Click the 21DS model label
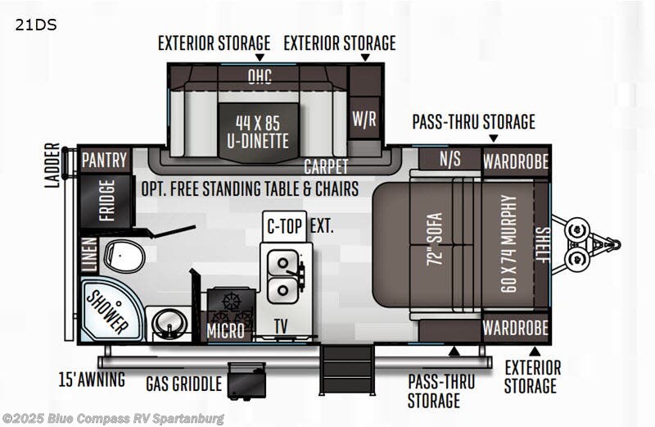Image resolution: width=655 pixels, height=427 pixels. tap(36, 25)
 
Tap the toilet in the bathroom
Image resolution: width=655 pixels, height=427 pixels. tap(124, 256)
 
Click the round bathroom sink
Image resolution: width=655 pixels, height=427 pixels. tap(169, 323)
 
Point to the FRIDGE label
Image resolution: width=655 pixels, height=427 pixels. tap(106, 201)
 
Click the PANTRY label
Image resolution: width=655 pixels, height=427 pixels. tap(104, 160)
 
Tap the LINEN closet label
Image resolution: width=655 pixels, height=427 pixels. tap(89, 254)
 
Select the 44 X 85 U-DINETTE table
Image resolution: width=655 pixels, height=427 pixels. tap(258, 132)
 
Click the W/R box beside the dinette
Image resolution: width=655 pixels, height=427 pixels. tap(364, 119)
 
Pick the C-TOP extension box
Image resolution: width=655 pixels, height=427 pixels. tap(284, 226)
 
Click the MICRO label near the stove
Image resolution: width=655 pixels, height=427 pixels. tap(226, 331)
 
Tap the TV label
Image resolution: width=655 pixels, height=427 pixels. tap(281, 326)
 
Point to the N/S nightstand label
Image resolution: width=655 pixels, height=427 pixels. tap(449, 159)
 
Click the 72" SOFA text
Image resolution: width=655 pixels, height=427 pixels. tap(435, 239)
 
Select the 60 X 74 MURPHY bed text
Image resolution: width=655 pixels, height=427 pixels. tap(508, 243)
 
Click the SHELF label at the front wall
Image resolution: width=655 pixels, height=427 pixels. tap(543, 245)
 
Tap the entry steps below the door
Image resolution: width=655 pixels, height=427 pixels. tap(346, 370)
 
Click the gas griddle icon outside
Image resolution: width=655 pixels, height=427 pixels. tap(246, 380)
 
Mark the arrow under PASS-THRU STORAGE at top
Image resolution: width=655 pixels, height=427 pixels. tap(494, 138)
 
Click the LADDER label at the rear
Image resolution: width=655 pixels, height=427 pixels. tap(52, 166)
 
